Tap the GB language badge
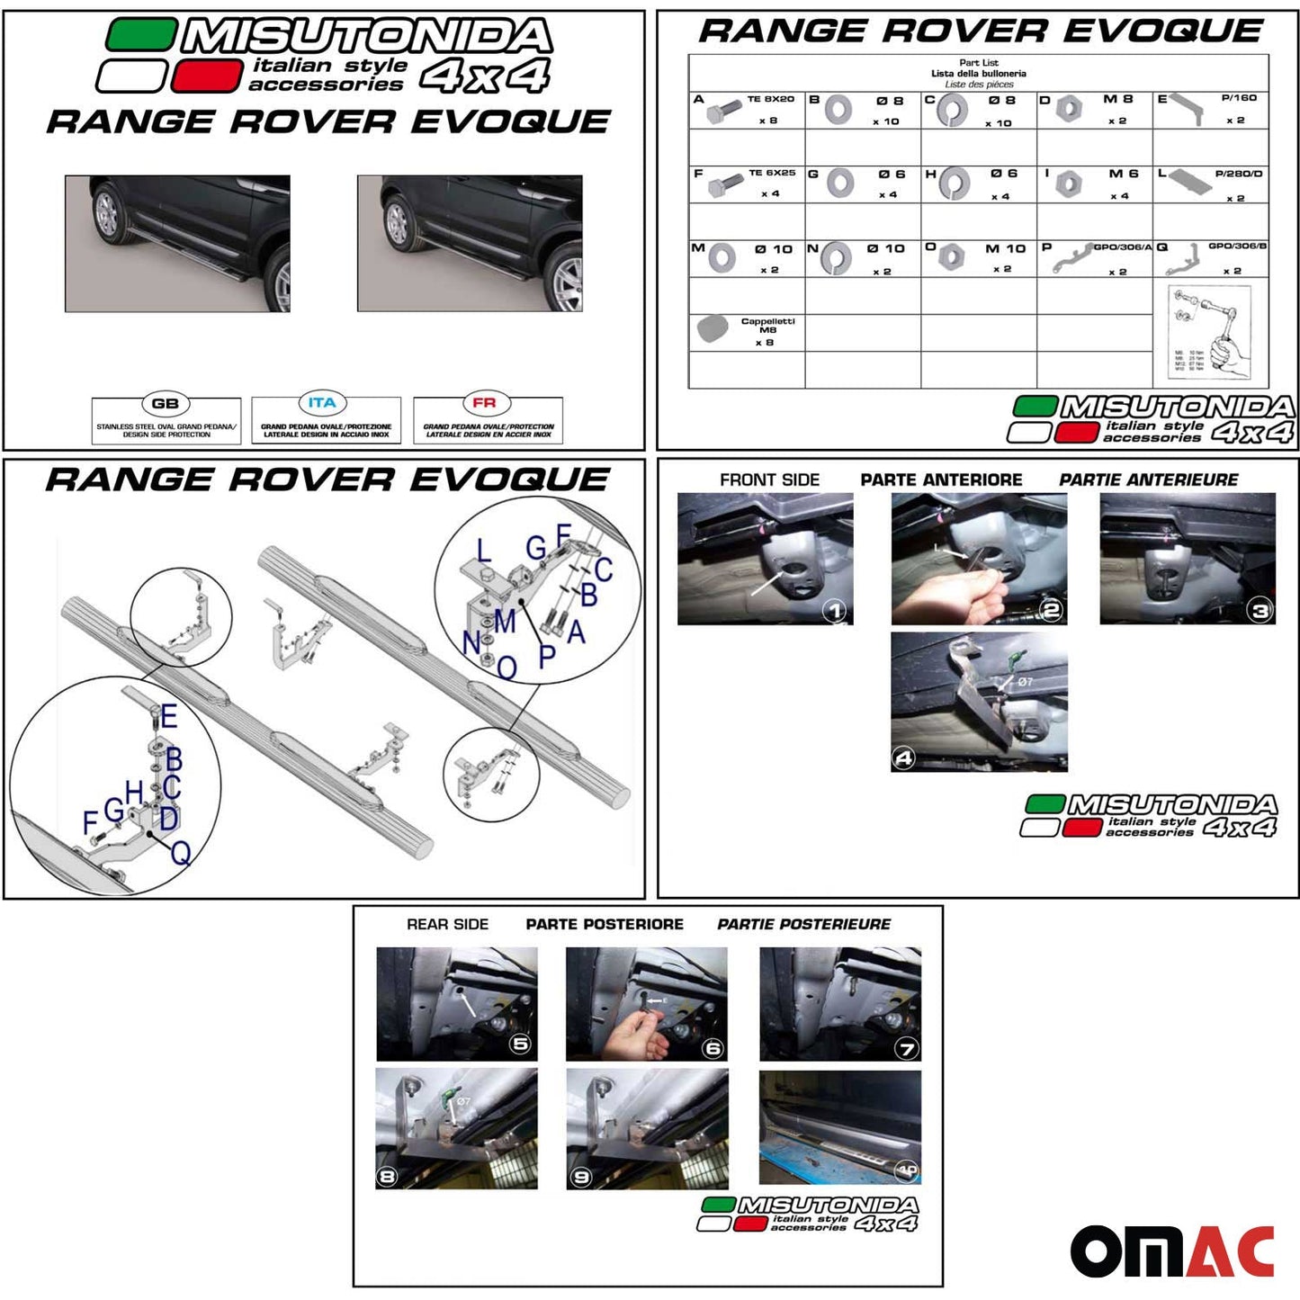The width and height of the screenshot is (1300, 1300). [x=166, y=404]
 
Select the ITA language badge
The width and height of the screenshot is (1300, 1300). [x=321, y=403]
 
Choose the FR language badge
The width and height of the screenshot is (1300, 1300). [x=484, y=403]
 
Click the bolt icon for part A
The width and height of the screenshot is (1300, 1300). [x=722, y=112]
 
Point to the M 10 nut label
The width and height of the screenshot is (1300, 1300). [x=1004, y=249]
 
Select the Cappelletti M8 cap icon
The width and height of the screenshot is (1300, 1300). [x=713, y=328]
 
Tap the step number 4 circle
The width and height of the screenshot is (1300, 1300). [x=903, y=758]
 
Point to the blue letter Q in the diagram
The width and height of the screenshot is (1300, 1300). [x=181, y=852]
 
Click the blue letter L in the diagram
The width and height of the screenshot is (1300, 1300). [x=483, y=551]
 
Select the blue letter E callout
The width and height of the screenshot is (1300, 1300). [x=169, y=717]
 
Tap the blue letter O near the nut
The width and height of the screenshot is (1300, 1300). [x=507, y=668]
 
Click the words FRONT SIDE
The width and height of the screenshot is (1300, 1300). [x=769, y=480]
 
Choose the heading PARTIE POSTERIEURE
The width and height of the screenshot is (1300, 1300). [x=803, y=924]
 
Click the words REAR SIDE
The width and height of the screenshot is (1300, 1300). [x=447, y=924]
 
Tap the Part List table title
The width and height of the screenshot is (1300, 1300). [x=978, y=63]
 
